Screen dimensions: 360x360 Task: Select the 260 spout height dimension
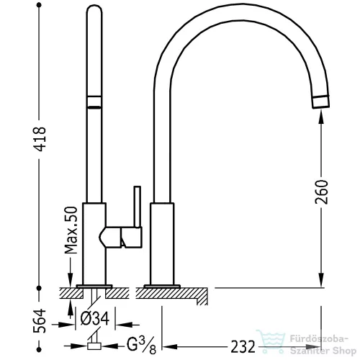(x=321, y=192)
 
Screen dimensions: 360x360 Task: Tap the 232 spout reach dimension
(x=243, y=347)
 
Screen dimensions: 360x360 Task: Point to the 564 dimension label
(x=40, y=321)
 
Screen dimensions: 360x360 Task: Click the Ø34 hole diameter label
(x=95, y=318)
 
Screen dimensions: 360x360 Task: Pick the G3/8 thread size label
(x=141, y=346)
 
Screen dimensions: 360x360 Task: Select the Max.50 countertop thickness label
(x=71, y=230)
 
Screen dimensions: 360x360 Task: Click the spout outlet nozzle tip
(x=320, y=102)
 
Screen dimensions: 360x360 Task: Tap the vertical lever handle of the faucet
(x=138, y=207)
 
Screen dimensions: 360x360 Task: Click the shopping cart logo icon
(x=271, y=341)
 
